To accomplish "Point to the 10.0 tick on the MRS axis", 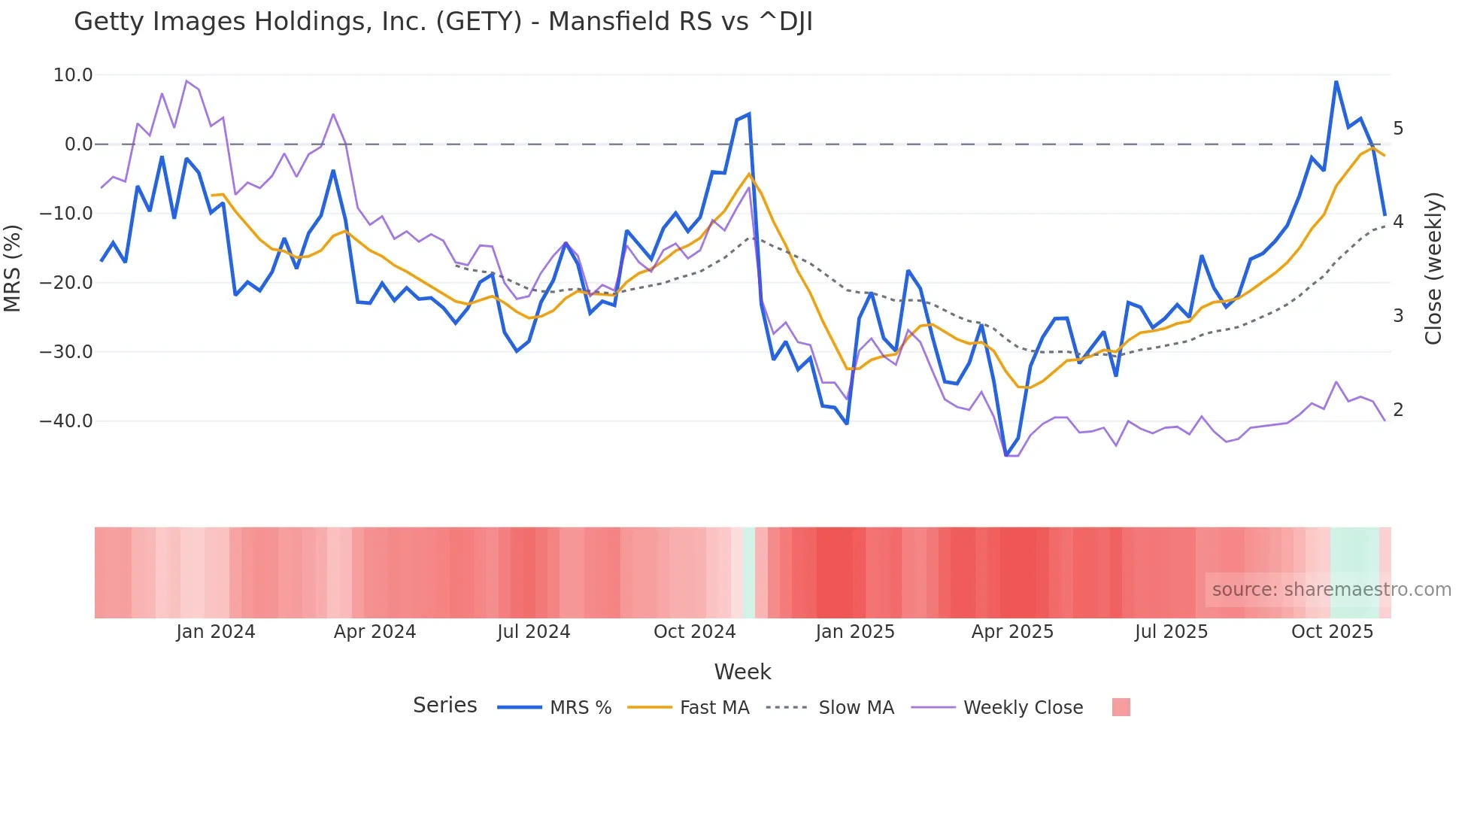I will pos(73,75).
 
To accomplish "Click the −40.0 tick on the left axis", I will pos(66,421).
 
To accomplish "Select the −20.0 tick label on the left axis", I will pos(66,283).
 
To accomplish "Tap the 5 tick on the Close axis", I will pos(1398,129).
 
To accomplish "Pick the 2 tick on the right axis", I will pos(1398,410).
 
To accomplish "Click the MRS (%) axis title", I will pos(13,269).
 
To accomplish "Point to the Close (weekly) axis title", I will pos(1433,269).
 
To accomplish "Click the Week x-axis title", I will pos(742,672).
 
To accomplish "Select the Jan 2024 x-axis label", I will pos(216,632).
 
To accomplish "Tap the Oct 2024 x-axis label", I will pos(694,632).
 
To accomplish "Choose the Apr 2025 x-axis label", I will pos(1012,632).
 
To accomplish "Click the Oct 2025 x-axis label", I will pos(1332,632).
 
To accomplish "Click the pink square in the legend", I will pos(1121,707).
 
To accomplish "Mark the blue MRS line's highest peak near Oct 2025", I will pos(1336,81).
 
